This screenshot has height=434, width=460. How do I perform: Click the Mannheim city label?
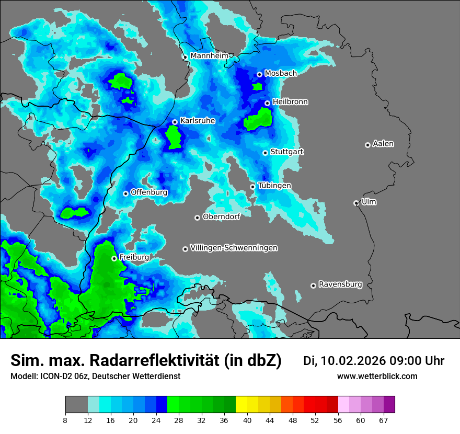tap(210, 55)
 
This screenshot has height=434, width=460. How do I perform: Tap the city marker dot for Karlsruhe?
tap(175, 122)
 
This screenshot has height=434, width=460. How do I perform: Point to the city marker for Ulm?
tap(356, 203)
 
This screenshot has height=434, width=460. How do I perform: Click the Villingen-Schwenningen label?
tap(234, 248)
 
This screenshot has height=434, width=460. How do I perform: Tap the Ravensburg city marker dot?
tap(313, 285)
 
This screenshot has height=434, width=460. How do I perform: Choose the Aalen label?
tap(383, 144)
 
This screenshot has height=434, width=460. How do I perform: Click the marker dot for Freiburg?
tap(114, 258)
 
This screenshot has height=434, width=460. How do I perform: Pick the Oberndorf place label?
tap(221, 216)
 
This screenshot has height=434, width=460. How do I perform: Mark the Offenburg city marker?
tap(125, 193)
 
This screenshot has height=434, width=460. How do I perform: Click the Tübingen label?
tap(274, 186)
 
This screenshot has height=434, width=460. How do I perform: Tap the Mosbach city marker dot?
tap(259, 74)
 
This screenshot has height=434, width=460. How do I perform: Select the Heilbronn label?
tap(290, 102)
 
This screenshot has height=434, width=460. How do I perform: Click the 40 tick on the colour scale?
tap(247, 419)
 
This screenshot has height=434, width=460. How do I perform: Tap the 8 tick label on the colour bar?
tap(65, 419)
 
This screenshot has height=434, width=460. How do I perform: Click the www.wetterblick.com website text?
tap(377, 376)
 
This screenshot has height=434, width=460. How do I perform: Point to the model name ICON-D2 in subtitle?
tap(52, 376)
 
